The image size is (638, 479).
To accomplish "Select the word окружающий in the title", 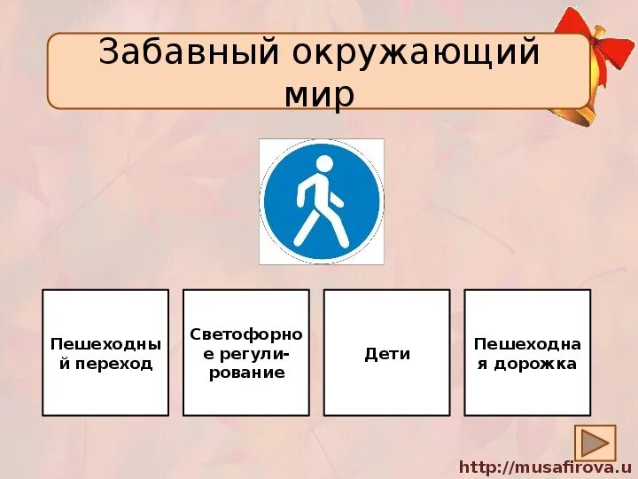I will (410, 52).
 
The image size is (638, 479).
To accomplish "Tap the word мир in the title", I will (319, 93).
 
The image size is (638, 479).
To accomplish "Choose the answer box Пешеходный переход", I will (105, 352).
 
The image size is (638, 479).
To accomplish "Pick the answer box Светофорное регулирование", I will (246, 352).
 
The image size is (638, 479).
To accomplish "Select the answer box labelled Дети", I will (387, 352).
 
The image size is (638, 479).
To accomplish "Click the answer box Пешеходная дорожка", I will (527, 352).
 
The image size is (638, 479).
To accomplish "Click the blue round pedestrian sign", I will (322, 201).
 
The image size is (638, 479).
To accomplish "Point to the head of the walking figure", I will (324, 164).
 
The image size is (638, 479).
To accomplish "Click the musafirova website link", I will (544, 467).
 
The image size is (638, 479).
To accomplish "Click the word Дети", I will (387, 354).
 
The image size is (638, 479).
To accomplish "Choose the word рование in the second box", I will (246, 373).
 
